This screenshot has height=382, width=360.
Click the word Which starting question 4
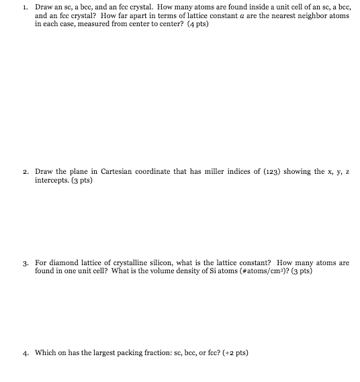pos(45,352)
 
